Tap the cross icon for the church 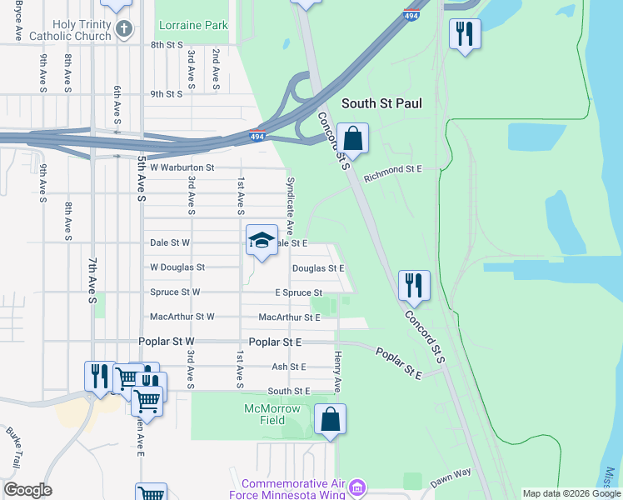click(124, 30)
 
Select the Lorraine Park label click(193, 26)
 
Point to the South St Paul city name click(381, 103)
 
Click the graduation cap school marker click(262, 241)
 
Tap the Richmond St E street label click(393, 169)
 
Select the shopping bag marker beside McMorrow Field click(331, 420)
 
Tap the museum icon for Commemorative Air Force click(356, 486)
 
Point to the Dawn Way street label click(451, 477)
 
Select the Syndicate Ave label click(291, 203)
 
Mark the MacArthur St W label click(182, 317)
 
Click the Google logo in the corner click(27, 490)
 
